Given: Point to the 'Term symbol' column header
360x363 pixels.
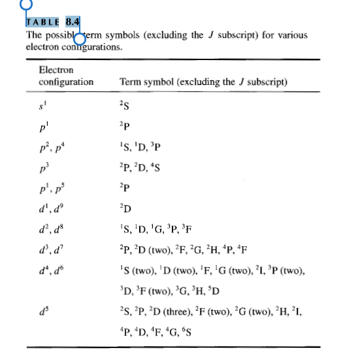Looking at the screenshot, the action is pyautogui.click(x=203, y=82).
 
